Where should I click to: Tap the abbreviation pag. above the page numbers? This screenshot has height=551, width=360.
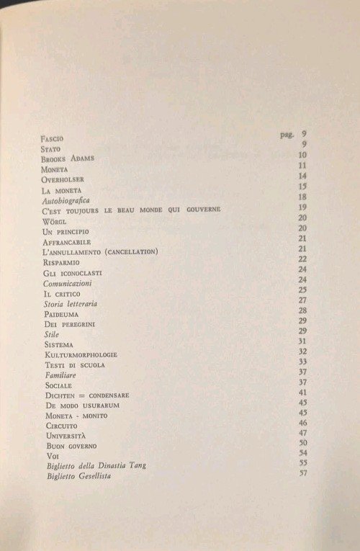[287, 135]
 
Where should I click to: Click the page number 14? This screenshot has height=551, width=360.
[303, 176]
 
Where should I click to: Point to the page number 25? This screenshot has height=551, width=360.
[302, 290]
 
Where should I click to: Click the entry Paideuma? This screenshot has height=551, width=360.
[61, 315]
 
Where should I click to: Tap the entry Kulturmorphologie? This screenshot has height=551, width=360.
[80, 355]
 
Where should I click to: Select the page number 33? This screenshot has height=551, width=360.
[302, 361]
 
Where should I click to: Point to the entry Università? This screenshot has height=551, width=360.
[65, 436]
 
